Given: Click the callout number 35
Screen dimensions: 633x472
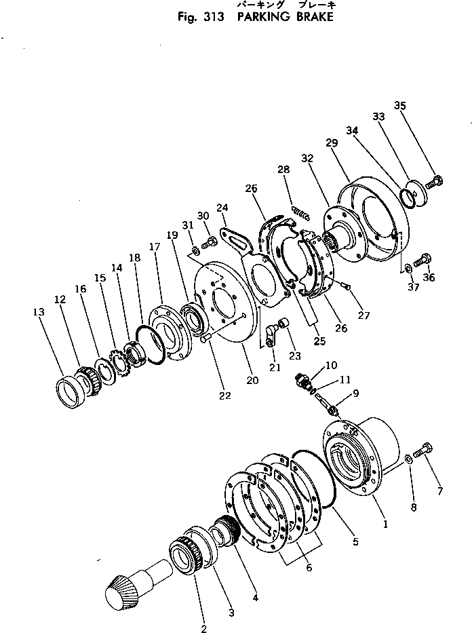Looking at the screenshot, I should [x=400, y=105].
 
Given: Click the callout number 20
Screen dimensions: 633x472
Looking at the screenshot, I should [x=252, y=380].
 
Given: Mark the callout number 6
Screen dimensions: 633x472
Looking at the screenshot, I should [x=309, y=567].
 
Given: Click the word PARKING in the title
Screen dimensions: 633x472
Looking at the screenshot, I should [x=262, y=17].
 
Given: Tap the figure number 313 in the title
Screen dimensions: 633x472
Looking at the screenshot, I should [x=208, y=17].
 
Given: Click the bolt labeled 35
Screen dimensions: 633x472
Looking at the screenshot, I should [x=435, y=180].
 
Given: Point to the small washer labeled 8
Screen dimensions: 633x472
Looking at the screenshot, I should [x=409, y=459].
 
